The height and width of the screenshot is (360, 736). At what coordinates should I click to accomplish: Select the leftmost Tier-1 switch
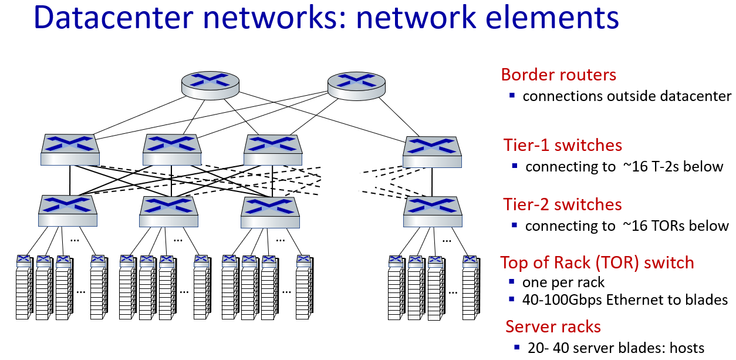point(70,149)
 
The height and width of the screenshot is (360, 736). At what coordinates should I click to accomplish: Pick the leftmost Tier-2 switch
point(67,211)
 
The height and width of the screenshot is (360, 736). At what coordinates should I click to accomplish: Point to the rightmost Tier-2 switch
point(433,211)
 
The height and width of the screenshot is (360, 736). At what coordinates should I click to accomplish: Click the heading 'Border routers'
point(558,75)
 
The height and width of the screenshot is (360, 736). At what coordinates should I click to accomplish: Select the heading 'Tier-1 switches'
point(562,145)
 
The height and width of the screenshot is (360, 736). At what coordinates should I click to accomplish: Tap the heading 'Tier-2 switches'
point(562,204)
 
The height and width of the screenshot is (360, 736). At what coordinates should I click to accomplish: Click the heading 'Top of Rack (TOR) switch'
point(597,263)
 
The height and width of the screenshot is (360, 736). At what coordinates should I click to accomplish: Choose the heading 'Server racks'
point(553,327)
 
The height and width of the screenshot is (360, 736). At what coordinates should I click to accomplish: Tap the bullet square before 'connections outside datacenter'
point(512,95)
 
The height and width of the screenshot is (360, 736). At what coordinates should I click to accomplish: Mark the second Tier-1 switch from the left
point(172,149)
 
